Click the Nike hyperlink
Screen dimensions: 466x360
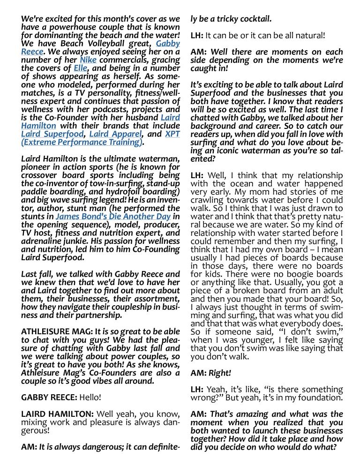[x=88, y=60]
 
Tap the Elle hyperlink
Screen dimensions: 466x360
[x=79, y=68]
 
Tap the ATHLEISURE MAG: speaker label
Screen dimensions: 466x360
[x=51, y=331]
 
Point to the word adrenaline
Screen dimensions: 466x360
[x=43, y=241]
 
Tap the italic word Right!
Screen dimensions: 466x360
[x=221, y=373]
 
